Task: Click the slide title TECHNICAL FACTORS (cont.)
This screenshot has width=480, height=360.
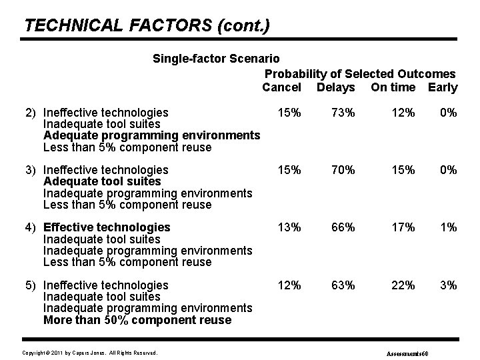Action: [x=147, y=25]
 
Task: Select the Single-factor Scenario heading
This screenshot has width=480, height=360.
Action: [x=217, y=59]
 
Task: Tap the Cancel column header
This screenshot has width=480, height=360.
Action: [x=281, y=87]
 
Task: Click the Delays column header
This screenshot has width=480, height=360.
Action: [x=336, y=87]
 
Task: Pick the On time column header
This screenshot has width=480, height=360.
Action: [x=393, y=87]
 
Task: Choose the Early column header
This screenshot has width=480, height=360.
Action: [x=443, y=87]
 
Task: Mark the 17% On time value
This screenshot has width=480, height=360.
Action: [x=403, y=227]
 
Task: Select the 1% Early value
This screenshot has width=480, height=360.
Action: [x=449, y=227]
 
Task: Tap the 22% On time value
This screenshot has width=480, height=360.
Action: [x=403, y=285]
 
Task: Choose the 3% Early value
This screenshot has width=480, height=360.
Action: [x=449, y=285]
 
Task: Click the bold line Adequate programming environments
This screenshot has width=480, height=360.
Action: [x=151, y=135]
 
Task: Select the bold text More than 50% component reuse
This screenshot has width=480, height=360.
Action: [x=137, y=320]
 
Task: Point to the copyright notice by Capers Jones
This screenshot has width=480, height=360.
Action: [x=89, y=351]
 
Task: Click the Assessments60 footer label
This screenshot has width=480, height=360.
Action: [x=411, y=352]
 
